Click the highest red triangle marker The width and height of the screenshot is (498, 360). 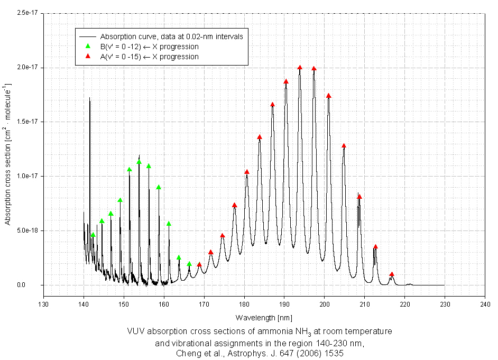pyautogui.click(x=300, y=67)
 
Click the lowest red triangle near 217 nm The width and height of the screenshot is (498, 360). pyautogui.click(x=392, y=274)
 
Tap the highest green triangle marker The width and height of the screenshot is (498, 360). pyautogui.click(x=139, y=162)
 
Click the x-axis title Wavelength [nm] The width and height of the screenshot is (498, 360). pyautogui.click(x=263, y=317)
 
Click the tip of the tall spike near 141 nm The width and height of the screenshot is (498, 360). pyautogui.click(x=89, y=98)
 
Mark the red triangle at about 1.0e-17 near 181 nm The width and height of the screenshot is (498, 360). pyautogui.click(x=246, y=172)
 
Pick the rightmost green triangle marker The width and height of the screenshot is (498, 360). pyautogui.click(x=189, y=264)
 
